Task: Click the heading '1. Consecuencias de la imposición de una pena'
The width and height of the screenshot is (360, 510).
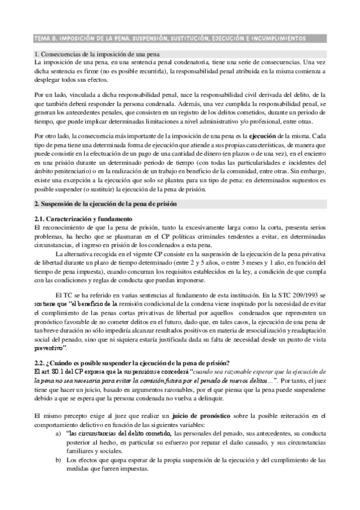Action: pos(97,55)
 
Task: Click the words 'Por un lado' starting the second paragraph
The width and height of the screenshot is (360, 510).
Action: pos(50,94)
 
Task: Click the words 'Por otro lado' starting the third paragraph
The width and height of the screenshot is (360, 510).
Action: pos(52,136)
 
